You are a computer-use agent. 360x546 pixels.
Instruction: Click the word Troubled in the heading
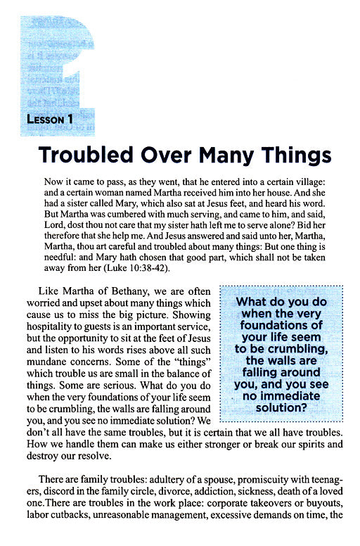[x=84, y=153]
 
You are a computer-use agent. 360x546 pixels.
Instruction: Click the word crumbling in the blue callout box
[x=289, y=349]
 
